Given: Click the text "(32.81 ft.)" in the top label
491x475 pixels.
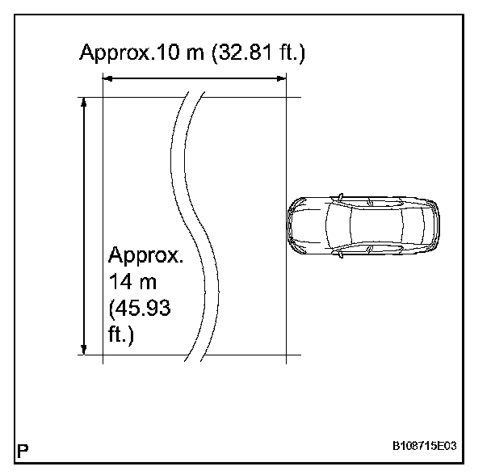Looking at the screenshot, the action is [x=258, y=53].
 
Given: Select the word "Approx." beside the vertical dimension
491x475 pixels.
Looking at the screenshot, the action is [x=145, y=256].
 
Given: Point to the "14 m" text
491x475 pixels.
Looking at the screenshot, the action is [x=132, y=281].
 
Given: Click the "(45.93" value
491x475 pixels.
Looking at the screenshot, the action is [x=140, y=309].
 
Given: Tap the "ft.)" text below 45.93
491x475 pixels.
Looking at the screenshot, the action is [x=121, y=335].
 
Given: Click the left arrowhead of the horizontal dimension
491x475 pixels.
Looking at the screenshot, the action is [x=107, y=78].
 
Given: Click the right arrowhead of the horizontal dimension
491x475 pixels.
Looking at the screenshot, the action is [x=282, y=78].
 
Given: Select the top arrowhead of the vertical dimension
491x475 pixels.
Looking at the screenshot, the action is [x=84, y=102].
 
